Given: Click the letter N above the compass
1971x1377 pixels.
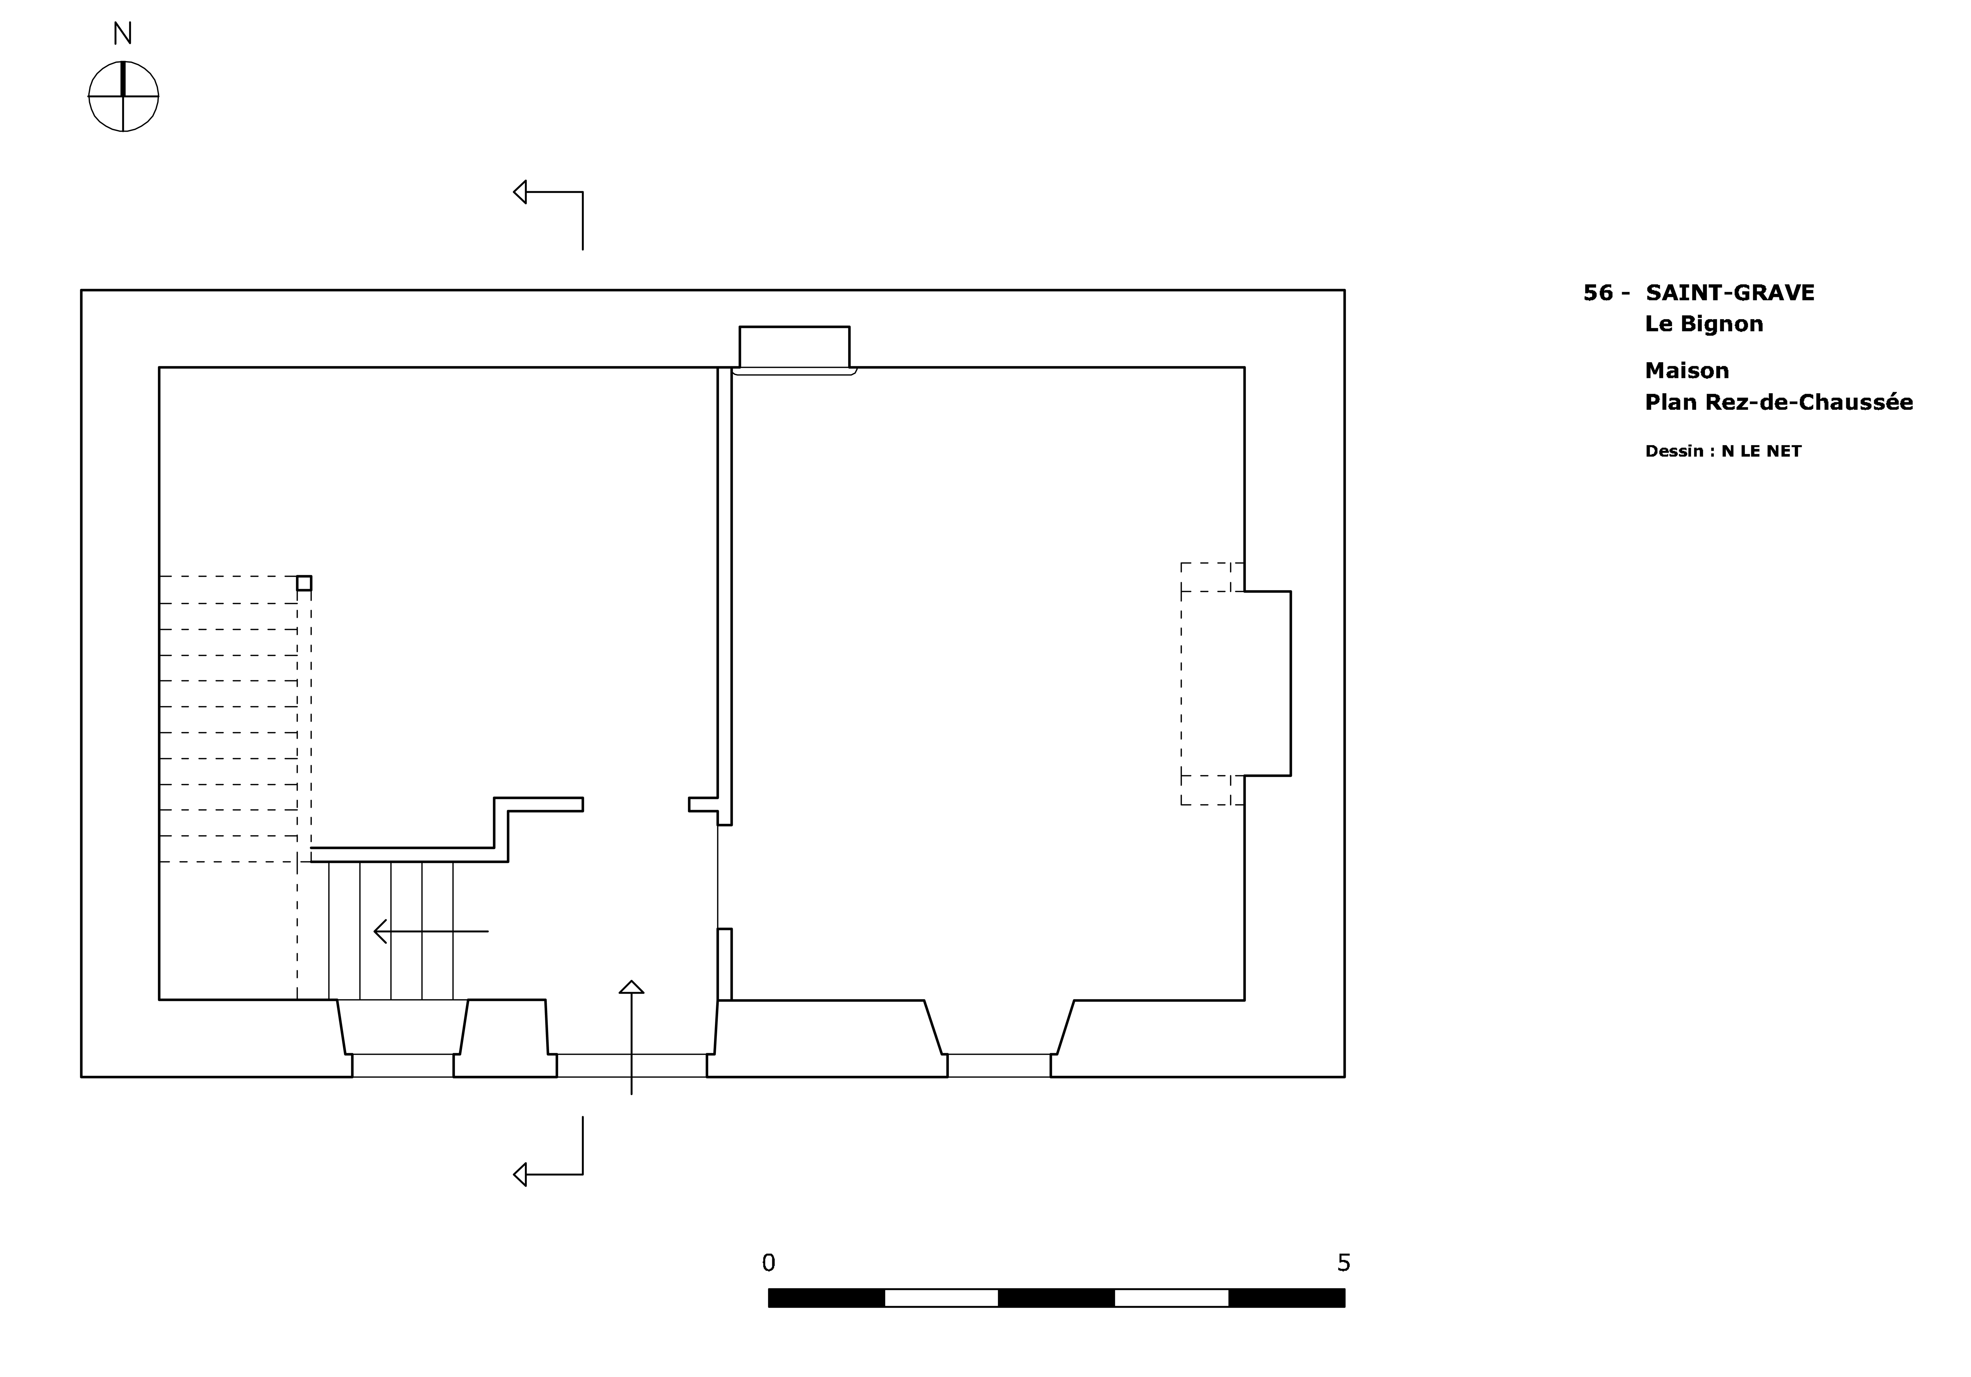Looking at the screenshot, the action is (x=123, y=34).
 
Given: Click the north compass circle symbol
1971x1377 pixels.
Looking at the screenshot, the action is (x=123, y=96).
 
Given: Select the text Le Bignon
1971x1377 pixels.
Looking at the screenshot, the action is (x=1704, y=324).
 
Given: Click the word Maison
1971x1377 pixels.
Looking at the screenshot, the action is (x=1687, y=371).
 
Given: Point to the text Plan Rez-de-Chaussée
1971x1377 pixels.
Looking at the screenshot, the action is (x=1779, y=402).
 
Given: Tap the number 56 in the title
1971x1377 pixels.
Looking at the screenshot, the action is (x=1598, y=293).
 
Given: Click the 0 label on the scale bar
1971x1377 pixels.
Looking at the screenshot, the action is (x=768, y=1263).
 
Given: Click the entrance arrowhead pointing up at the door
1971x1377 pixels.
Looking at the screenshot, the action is (x=632, y=987).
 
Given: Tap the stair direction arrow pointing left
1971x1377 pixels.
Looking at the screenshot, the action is (x=431, y=931).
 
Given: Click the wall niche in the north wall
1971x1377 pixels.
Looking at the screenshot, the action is (x=794, y=348).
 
